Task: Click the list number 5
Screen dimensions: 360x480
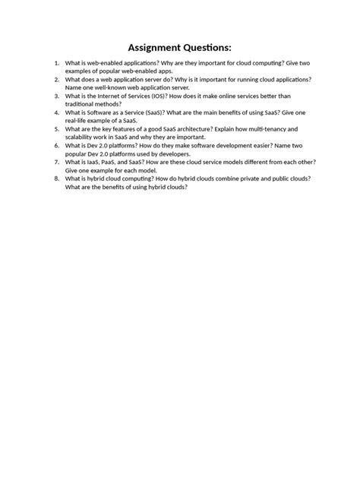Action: click(x=57, y=129)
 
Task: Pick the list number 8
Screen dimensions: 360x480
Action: click(x=57, y=178)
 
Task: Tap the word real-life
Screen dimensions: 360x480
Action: click(x=81, y=121)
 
